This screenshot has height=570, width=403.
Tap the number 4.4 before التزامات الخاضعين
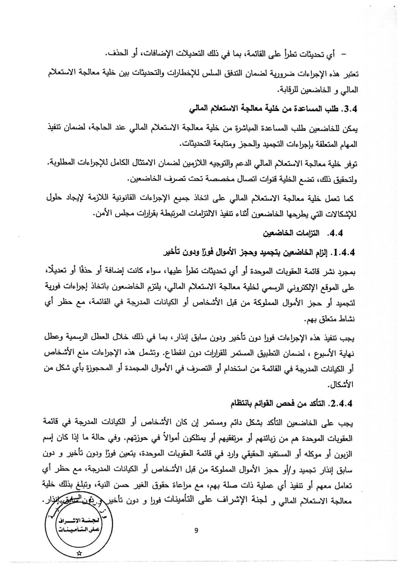pyautogui.click(x=336, y=234)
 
